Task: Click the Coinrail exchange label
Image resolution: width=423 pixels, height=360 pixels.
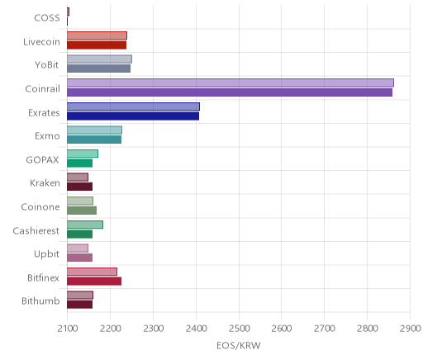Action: pyautogui.click(x=42, y=89)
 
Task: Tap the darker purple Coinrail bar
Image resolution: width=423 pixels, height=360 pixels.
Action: pyautogui.click(x=230, y=92)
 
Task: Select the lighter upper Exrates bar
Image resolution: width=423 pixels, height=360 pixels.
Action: pyautogui.click(x=133, y=107)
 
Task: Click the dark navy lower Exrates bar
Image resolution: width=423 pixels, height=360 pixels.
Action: pyautogui.click(x=133, y=116)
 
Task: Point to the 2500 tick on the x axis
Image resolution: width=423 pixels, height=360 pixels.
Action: pyautogui.click(x=239, y=329)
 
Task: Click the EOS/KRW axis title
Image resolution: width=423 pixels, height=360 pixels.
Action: pyautogui.click(x=239, y=346)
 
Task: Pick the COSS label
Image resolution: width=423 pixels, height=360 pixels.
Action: pyautogui.click(x=47, y=18)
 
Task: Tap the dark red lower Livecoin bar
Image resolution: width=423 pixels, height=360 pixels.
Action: pyautogui.click(x=97, y=45)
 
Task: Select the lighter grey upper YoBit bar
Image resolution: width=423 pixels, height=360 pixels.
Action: pyautogui.click(x=99, y=59)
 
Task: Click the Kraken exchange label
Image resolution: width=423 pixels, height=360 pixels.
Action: pyautogui.click(x=45, y=183)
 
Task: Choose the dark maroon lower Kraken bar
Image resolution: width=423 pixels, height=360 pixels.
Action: pyautogui.click(x=80, y=187)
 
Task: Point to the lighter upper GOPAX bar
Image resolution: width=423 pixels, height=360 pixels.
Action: pyautogui.click(x=83, y=154)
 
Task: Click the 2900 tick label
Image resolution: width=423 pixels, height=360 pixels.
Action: pyautogui.click(x=410, y=329)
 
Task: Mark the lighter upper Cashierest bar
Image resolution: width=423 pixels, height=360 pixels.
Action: pyautogui.click(x=85, y=225)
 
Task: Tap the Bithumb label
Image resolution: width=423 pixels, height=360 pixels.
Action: pyautogui.click(x=40, y=301)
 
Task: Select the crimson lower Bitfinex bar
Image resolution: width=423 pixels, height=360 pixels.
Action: pyautogui.click(x=94, y=282)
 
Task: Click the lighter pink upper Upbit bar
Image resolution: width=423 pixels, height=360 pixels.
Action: pyautogui.click(x=78, y=248)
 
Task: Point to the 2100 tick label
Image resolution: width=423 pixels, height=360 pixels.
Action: pyautogui.click(x=68, y=329)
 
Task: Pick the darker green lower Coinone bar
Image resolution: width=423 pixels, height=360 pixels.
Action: pyautogui.click(x=82, y=211)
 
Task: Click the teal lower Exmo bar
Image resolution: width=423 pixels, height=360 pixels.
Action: pyautogui.click(x=94, y=140)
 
